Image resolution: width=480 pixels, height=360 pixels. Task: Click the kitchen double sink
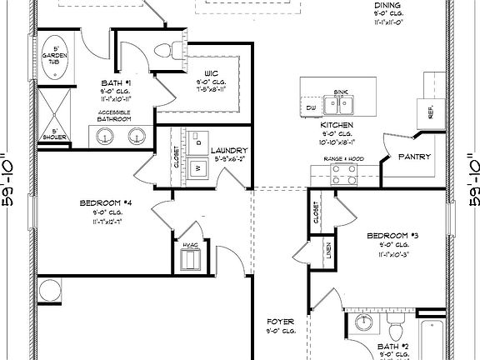click(x=340, y=104)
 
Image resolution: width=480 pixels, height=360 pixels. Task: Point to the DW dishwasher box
click(x=311, y=108)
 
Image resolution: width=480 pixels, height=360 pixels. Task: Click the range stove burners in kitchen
click(x=341, y=173)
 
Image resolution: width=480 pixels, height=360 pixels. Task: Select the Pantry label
click(x=413, y=156)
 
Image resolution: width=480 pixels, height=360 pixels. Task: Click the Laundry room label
click(x=230, y=149)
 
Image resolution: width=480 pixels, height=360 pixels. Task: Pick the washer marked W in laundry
click(x=198, y=167)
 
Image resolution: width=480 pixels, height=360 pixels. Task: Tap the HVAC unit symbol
click(x=190, y=259)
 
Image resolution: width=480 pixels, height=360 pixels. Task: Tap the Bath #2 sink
click(x=363, y=323)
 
